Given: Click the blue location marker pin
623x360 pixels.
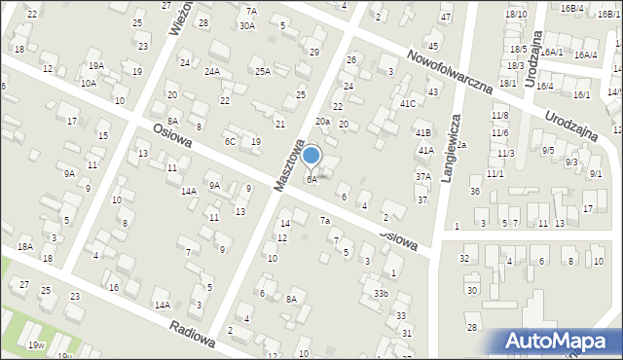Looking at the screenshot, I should [311, 156].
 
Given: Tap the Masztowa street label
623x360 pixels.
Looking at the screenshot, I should [289, 166].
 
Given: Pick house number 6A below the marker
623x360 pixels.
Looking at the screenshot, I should [311, 180].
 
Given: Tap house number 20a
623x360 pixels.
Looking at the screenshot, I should [322, 122].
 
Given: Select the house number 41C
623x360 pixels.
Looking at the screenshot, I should [408, 103].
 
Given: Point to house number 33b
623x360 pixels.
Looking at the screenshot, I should [381, 293].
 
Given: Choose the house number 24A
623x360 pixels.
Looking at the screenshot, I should [212, 72].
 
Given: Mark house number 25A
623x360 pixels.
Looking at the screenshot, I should [262, 71].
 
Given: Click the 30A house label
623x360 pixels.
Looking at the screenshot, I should [246, 26].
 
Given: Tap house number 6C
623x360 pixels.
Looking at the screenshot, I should [231, 142].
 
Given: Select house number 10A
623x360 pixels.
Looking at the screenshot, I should [88, 84].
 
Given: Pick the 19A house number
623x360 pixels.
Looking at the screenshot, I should [95, 65].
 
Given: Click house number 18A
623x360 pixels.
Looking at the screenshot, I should [25, 248].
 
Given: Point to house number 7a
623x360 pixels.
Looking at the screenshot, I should [325, 221].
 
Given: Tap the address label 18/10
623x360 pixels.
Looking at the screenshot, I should [516, 14].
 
